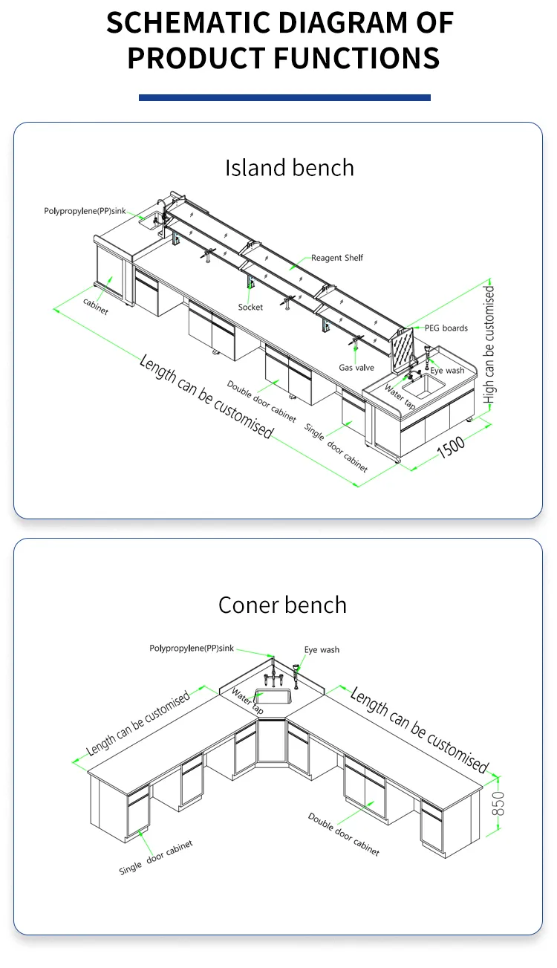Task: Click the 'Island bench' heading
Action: (290, 168)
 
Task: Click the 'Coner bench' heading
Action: (282, 605)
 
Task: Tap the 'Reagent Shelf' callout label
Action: (336, 258)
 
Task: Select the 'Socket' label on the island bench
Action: (250, 307)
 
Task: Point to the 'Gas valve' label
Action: (356, 368)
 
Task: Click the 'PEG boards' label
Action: (446, 328)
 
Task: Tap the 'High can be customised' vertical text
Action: (489, 345)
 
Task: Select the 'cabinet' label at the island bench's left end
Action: (95, 306)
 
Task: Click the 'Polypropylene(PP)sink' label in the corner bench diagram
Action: (192, 649)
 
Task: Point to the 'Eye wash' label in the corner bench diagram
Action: (322, 650)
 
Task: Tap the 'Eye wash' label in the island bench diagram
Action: (447, 371)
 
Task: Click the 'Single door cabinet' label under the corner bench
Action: (156, 857)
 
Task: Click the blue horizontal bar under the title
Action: (284, 97)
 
